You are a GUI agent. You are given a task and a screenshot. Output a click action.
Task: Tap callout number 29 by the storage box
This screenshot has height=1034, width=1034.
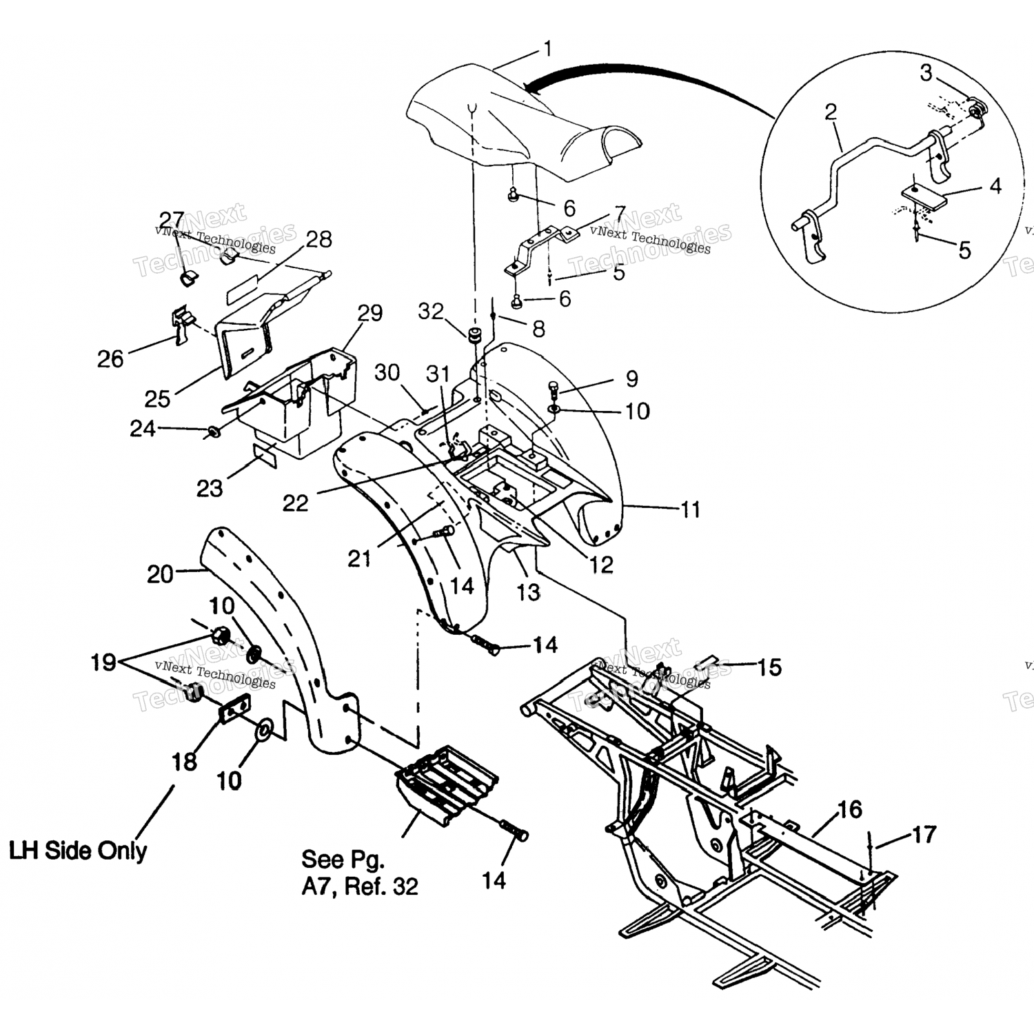click(x=370, y=313)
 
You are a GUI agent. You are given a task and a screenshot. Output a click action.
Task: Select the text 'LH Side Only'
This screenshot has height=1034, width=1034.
click(x=78, y=850)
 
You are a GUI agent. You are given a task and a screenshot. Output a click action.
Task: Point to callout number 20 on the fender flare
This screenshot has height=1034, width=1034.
click(x=160, y=574)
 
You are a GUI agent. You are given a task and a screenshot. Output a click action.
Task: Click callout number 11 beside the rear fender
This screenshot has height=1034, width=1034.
click(x=690, y=509)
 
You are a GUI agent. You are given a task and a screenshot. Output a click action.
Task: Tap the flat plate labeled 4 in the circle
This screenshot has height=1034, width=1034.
click(x=923, y=199)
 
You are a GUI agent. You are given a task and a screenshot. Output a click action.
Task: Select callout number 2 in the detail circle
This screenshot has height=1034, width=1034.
click(x=831, y=112)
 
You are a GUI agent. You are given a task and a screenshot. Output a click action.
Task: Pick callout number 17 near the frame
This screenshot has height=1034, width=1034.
click(x=924, y=835)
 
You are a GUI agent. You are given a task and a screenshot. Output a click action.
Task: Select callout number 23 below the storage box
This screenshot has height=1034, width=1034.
click(x=210, y=488)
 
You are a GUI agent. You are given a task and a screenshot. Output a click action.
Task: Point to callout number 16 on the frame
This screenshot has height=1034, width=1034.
click(x=850, y=809)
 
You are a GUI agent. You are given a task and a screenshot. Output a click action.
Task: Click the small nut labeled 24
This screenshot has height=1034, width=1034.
click(x=213, y=432)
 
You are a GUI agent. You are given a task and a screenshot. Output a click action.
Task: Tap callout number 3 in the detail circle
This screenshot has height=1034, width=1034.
click(x=926, y=72)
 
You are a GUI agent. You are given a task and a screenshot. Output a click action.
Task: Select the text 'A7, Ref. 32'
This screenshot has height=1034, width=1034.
click(x=360, y=886)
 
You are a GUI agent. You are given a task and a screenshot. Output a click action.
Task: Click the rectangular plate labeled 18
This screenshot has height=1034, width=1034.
click(x=235, y=709)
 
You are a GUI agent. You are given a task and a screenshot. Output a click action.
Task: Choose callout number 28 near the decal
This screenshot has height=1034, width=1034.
click(x=318, y=239)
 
